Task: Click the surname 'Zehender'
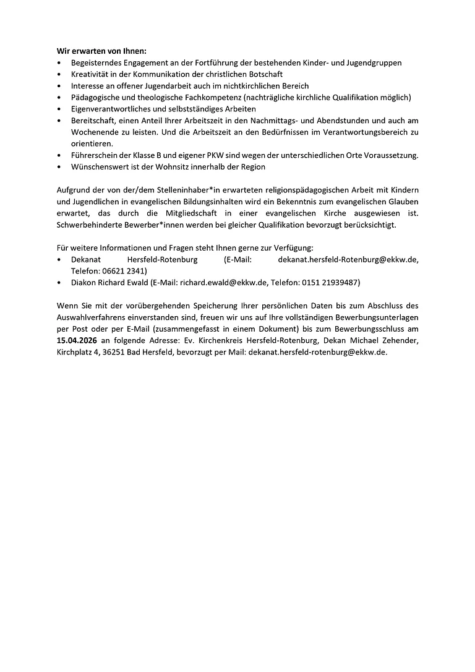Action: tap(398, 340)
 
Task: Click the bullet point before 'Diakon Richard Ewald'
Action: tap(59, 282)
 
